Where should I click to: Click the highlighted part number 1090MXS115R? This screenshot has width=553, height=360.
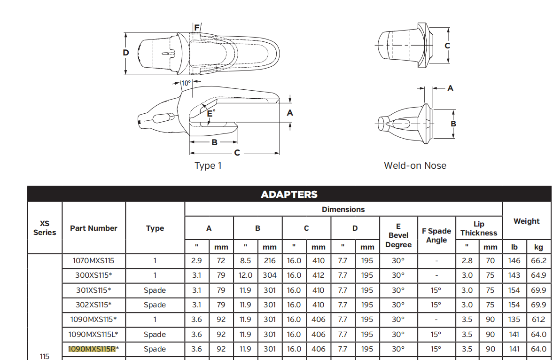tap(92, 349)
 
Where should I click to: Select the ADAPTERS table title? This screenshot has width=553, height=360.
tap(289, 195)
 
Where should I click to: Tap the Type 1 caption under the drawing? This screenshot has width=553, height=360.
tap(208, 165)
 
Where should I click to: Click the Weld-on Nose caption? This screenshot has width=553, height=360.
tap(415, 165)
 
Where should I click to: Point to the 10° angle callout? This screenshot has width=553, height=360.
tap(186, 83)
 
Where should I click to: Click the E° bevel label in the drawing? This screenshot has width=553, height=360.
tap(211, 113)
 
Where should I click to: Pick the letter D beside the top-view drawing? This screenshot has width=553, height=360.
tap(126, 53)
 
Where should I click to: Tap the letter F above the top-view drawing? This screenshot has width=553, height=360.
tap(197, 28)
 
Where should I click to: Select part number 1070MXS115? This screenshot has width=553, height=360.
tap(93, 261)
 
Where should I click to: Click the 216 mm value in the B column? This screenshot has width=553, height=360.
tap(269, 261)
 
